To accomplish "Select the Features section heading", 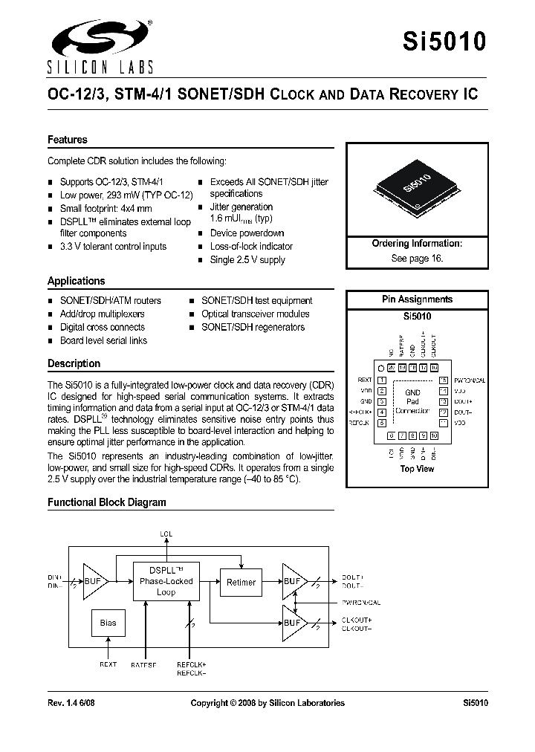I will click(x=68, y=140).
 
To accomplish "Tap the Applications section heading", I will click(x=77, y=281).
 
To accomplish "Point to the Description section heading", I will click(x=74, y=363).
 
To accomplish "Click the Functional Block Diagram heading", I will click(x=107, y=502).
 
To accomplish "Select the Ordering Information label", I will click(x=417, y=244).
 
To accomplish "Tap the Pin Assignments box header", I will click(x=417, y=299).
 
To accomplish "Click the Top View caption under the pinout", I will click(x=417, y=469).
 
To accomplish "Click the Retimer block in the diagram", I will click(x=240, y=583).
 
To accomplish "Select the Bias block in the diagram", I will click(x=108, y=623).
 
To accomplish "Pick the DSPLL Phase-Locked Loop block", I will click(x=166, y=581).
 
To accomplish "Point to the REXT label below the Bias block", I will click(x=108, y=664).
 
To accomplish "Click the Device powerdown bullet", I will click(x=247, y=233).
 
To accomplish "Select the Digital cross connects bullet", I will click(x=103, y=327).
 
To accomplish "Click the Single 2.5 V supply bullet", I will click(x=247, y=260).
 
